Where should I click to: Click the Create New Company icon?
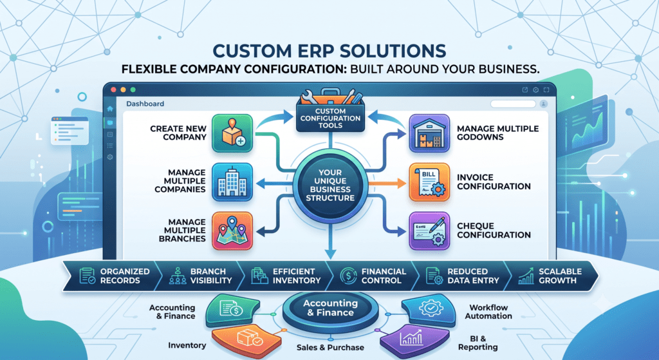(232, 133)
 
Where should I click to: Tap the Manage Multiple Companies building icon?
(232, 182)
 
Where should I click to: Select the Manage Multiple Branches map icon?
(232, 231)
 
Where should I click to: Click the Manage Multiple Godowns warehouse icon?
(429, 133)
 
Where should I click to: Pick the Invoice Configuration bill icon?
(429, 182)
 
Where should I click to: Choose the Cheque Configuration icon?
(429, 231)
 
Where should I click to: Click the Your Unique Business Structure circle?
(330, 185)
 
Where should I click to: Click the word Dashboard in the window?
(145, 104)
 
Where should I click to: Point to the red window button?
(113, 90)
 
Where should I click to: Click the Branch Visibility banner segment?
(200, 276)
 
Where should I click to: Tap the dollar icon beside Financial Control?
(348, 276)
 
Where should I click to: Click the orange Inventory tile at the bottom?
(246, 340)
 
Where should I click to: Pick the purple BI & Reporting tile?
(414, 340)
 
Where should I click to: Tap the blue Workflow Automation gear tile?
(429, 310)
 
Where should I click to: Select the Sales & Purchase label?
(330, 347)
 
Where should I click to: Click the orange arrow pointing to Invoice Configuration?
(387, 183)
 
